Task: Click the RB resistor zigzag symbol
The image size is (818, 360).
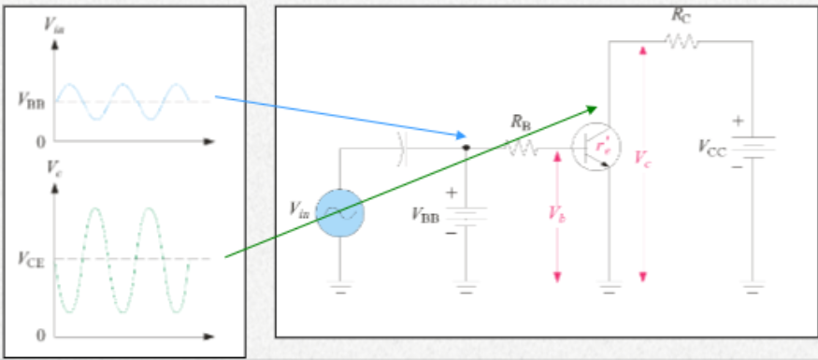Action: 522,148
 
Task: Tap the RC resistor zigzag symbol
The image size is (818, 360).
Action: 681,41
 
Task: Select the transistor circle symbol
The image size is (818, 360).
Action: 597,147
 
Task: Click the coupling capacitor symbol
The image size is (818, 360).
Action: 402,147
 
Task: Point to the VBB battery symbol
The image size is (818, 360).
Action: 465,214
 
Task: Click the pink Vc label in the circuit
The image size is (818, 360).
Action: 642,158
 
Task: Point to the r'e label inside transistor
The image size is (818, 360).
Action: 604,147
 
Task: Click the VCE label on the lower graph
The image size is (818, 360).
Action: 31,258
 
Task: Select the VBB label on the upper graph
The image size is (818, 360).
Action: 31,102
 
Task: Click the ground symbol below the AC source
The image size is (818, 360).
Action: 339,289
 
